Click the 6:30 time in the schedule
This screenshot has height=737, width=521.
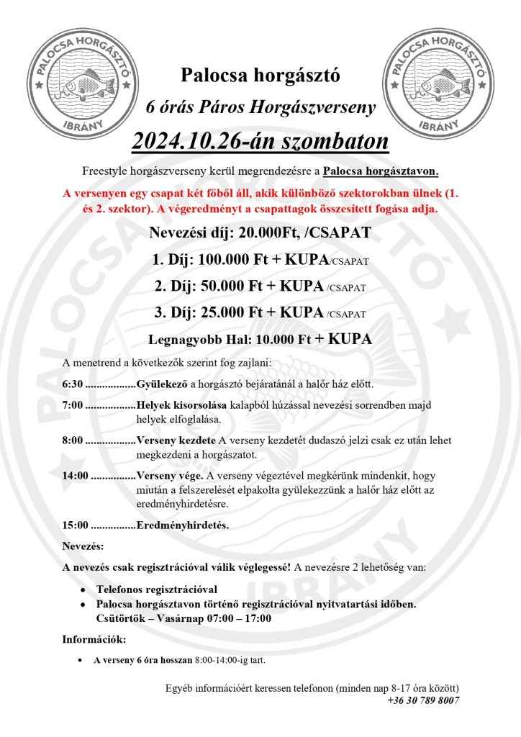click(73, 384)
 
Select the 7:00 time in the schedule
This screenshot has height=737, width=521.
click(73, 404)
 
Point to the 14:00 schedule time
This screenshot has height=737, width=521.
click(76, 476)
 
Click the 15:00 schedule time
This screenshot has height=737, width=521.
click(76, 525)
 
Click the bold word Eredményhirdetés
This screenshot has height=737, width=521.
click(182, 525)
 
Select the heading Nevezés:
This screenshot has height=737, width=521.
click(83, 546)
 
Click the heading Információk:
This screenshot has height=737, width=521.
click(94, 638)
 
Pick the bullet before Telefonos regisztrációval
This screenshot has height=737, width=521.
click(85, 589)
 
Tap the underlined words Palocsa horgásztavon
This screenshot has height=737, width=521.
click(380, 172)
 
